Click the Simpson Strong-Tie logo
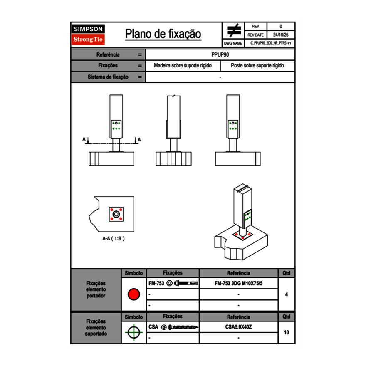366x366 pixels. [88, 35]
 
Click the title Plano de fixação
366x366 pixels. [163, 34]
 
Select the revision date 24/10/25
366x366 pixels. [281, 35]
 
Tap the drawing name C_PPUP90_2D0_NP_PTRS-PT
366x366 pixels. [271, 43]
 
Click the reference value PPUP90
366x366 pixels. [220, 54]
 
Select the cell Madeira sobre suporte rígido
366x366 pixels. [183, 66]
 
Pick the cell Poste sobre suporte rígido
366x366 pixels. [257, 66]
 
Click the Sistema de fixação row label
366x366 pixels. [108, 77]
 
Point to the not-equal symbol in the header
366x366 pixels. [234, 31]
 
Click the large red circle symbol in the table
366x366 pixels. [134, 294]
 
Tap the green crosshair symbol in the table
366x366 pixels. [134, 332]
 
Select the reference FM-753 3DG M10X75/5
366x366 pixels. [238, 284]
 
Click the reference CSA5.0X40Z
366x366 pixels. [238, 327]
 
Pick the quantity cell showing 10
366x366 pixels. [287, 332]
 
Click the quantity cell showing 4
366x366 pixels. [287, 294]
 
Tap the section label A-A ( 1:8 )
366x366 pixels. [113, 239]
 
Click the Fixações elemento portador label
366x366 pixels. [96, 289]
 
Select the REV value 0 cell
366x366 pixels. [281, 27]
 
